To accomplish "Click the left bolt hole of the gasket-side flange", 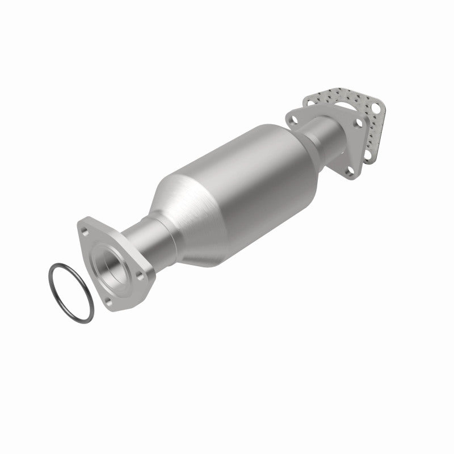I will tap(293, 119).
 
